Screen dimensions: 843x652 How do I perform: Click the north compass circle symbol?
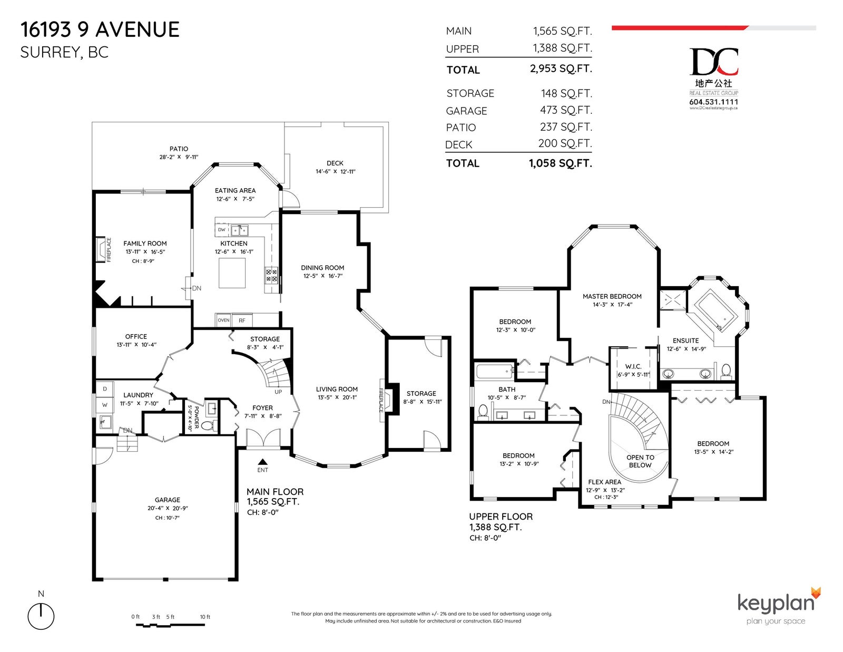coord(41,616)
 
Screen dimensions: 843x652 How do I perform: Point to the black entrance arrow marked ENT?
coord(262,462)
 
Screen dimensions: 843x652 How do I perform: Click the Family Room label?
coord(145,244)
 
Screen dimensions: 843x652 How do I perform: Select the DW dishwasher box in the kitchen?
coord(221,230)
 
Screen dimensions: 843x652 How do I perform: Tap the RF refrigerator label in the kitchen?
coord(242,320)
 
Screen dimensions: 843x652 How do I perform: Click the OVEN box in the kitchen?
coord(223,320)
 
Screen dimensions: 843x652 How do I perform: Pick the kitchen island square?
coord(232,273)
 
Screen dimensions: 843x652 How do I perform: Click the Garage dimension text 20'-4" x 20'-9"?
coord(168,508)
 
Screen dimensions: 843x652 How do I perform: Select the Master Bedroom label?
coord(612,296)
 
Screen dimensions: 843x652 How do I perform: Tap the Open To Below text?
coord(640,461)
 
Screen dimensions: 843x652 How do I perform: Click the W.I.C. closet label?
coord(633,366)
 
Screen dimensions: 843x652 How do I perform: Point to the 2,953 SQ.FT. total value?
coord(561,69)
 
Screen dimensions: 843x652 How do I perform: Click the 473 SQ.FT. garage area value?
coord(566,110)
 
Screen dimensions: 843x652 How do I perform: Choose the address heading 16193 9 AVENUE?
coord(100,30)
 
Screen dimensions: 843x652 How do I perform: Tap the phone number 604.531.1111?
coord(714,102)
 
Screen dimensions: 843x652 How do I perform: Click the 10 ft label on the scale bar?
coord(205,617)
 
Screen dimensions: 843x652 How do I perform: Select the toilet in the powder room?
coord(208,426)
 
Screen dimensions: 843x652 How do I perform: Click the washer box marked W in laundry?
coord(105,405)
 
